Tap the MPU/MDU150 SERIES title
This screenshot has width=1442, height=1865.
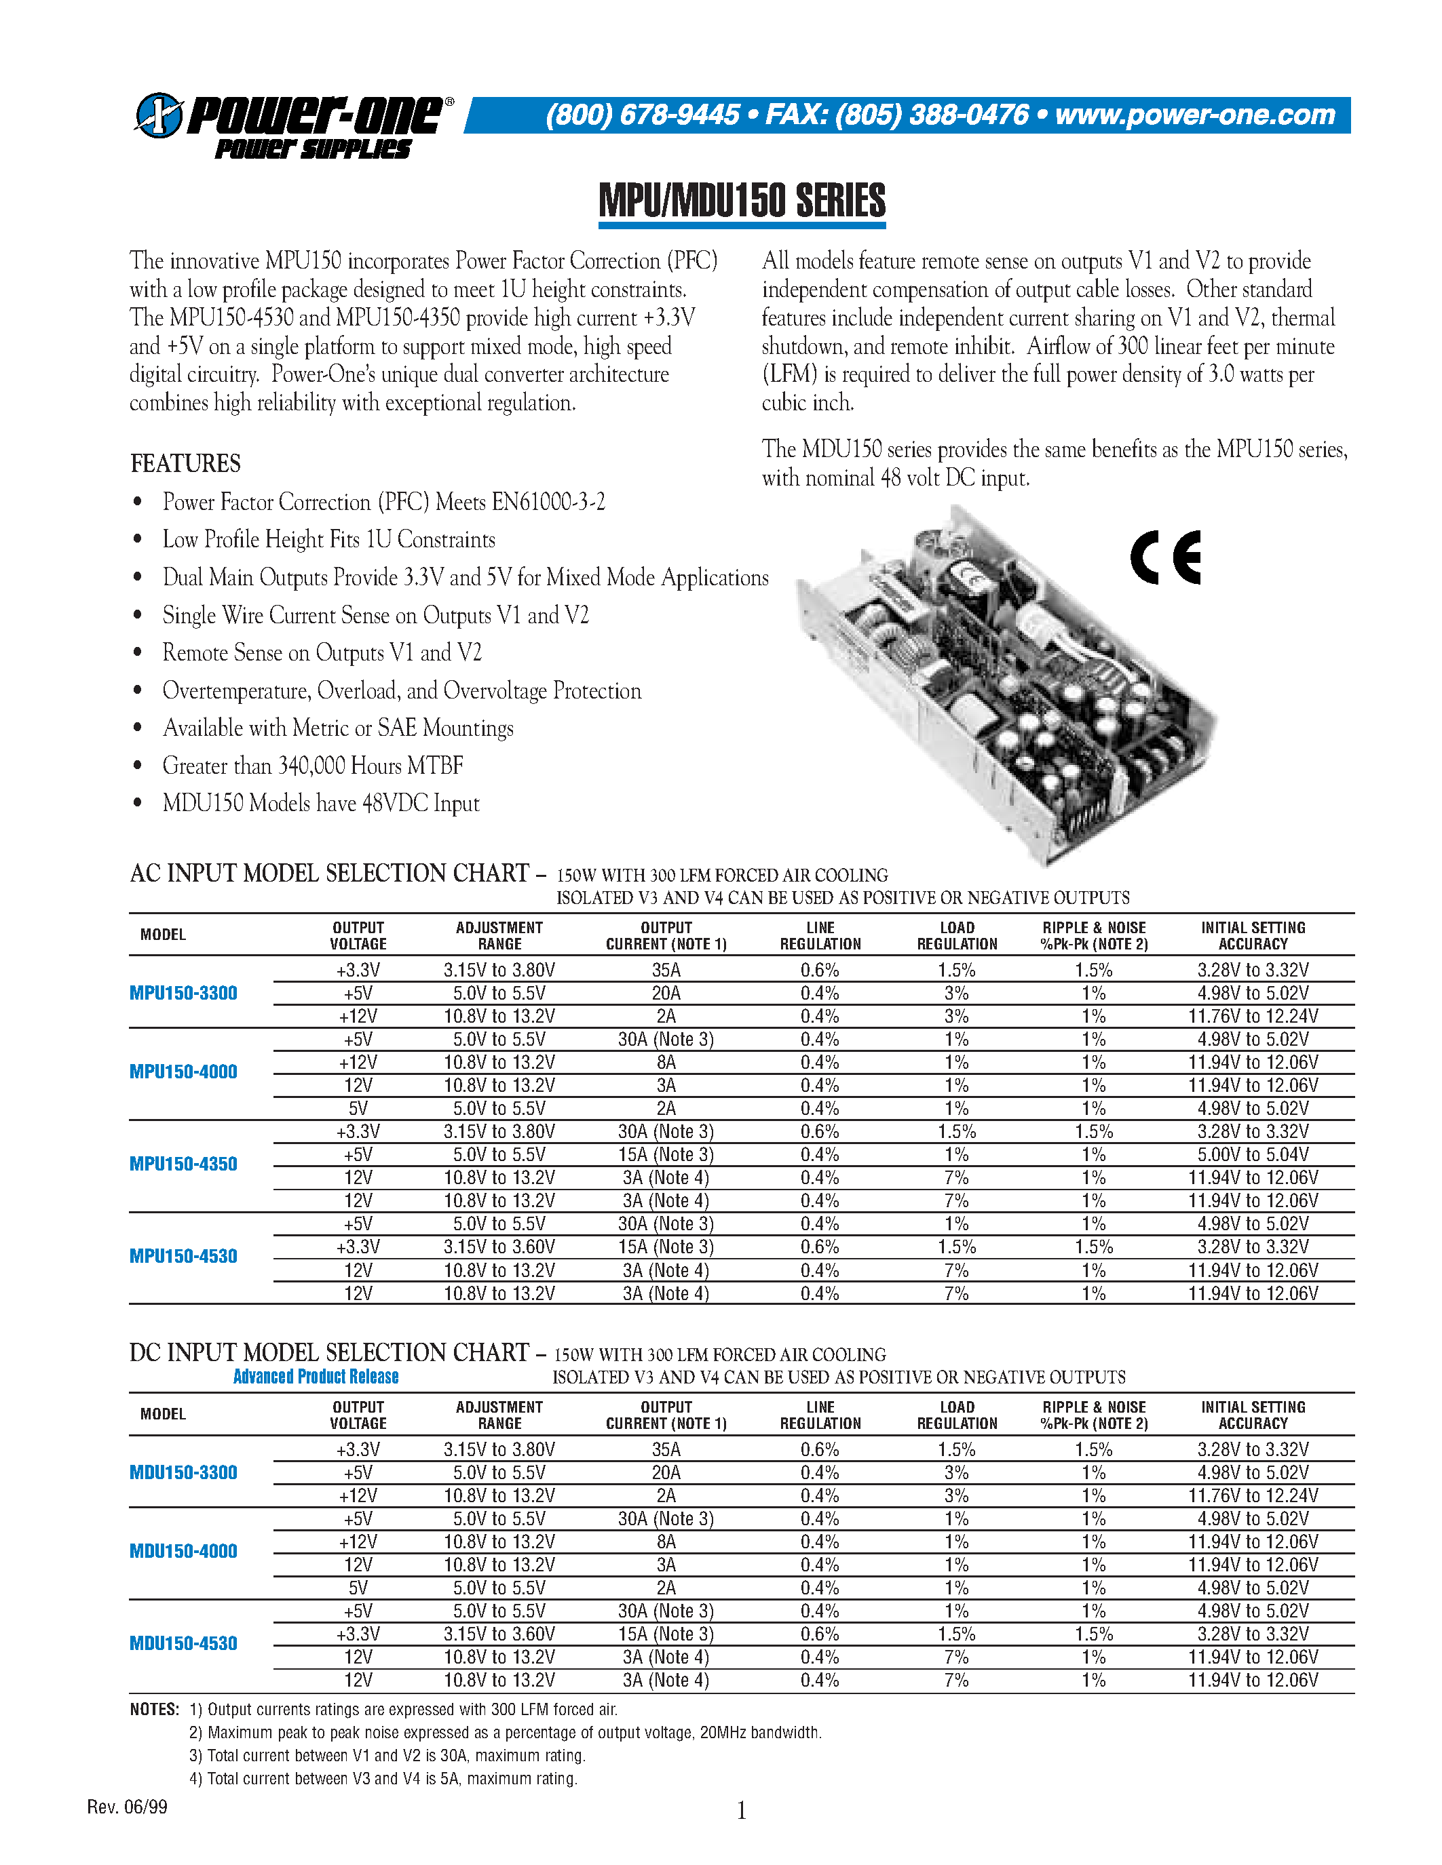(x=742, y=201)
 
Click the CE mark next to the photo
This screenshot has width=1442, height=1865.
(x=1165, y=557)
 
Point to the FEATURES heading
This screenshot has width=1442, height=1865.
(x=185, y=464)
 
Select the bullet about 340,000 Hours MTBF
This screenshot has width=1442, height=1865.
(x=313, y=766)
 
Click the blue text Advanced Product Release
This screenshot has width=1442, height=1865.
(x=316, y=1377)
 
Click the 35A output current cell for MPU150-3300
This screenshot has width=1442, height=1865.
(x=666, y=970)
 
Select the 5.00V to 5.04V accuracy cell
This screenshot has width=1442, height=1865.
(x=1253, y=1154)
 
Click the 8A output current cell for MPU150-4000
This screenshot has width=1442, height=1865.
(x=666, y=1062)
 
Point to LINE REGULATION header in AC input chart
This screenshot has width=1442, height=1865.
(x=820, y=936)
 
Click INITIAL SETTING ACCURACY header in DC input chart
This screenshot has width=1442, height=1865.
(x=1253, y=1415)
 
